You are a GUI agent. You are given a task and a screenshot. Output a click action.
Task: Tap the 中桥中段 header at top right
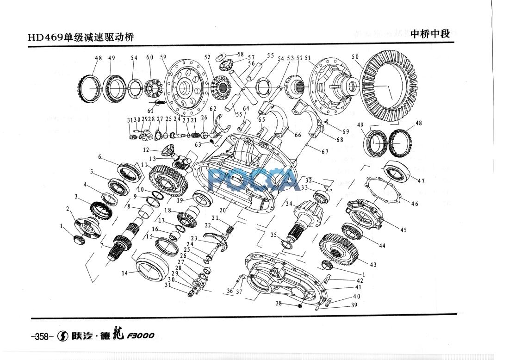(430, 34)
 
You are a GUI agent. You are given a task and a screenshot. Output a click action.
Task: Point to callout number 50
(355, 57)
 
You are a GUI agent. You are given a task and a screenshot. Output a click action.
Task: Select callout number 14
(124, 273)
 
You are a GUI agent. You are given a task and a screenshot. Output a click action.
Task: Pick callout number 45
(403, 230)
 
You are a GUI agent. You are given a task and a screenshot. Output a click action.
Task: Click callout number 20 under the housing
(223, 210)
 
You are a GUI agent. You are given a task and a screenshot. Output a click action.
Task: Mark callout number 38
(278, 304)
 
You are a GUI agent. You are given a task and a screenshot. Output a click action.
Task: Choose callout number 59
(163, 57)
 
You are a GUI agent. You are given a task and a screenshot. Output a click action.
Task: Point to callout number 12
(146, 150)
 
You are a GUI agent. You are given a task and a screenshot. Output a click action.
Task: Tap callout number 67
(326, 152)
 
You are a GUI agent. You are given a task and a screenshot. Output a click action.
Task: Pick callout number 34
(289, 204)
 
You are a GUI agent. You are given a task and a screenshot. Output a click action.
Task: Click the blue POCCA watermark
(254, 180)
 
